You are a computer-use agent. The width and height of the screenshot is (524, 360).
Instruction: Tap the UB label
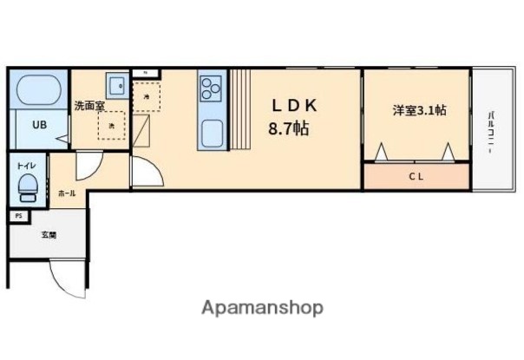(x=40, y=124)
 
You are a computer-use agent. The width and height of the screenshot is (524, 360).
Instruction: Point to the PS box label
(x=17, y=216)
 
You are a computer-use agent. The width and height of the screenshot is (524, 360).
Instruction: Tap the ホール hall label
(x=66, y=193)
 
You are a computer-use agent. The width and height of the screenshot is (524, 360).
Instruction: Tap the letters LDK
(x=295, y=106)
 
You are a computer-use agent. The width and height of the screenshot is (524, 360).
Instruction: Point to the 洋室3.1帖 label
(x=419, y=110)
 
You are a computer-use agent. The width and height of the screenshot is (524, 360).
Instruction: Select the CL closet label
(x=417, y=176)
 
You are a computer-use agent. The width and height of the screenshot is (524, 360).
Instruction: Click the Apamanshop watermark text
(x=262, y=308)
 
